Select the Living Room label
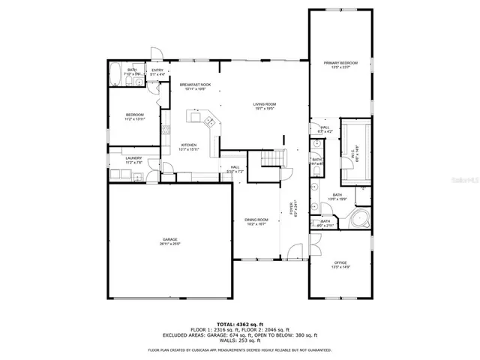(x=263, y=106)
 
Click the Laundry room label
(x=133, y=159)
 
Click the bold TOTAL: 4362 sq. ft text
(x=239, y=323)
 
